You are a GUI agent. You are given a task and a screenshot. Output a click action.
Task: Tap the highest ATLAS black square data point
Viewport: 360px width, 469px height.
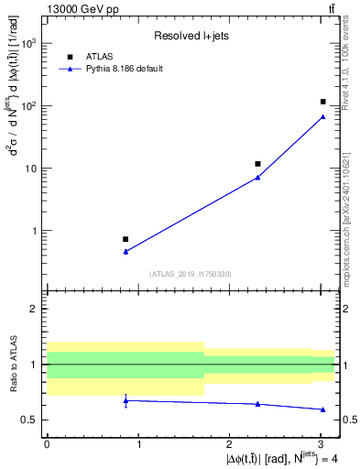click(x=323, y=102)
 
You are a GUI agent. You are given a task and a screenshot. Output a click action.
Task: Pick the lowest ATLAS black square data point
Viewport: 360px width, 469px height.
click(x=125, y=239)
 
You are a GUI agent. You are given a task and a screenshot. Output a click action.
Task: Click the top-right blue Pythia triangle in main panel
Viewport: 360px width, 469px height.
click(x=323, y=116)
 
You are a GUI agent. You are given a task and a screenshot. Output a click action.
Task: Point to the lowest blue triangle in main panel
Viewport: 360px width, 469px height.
click(x=125, y=251)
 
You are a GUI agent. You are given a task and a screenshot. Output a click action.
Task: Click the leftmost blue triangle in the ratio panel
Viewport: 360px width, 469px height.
click(x=125, y=400)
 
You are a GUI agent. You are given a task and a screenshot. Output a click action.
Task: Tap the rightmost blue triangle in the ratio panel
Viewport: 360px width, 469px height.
click(x=323, y=409)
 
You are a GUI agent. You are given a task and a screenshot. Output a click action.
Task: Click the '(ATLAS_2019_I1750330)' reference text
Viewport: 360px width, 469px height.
click(x=191, y=274)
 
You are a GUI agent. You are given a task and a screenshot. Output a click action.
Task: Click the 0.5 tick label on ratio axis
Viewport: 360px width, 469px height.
click(x=29, y=420)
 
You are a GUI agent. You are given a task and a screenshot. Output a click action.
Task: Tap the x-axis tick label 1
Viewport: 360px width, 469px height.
click(x=137, y=444)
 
